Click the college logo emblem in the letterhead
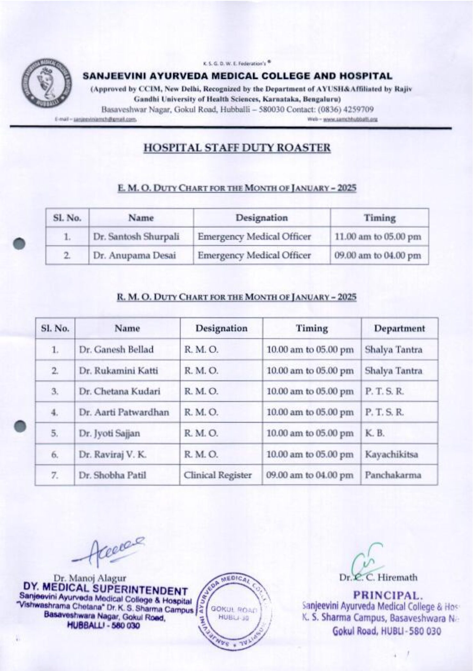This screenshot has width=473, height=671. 47,84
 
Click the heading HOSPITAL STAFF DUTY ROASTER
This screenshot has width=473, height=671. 237,148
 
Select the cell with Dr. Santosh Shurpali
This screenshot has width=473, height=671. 136,237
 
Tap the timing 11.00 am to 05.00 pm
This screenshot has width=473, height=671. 378,237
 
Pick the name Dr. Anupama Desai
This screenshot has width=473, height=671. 135,256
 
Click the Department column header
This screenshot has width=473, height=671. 399,328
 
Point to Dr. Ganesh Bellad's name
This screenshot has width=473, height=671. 116,349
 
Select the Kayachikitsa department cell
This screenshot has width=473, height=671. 391,454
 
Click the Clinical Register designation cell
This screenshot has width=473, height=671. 218,475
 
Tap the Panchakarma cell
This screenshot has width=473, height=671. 393,475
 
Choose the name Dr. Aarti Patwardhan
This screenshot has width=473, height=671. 124,412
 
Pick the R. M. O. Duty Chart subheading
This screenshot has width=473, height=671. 236,297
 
